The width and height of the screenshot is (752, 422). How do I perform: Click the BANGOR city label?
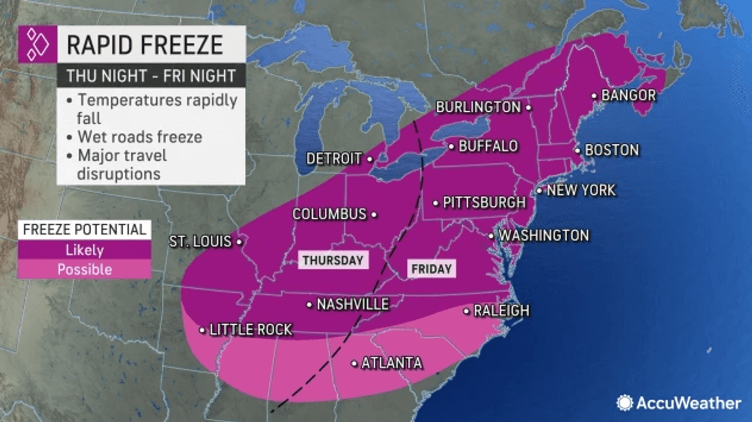point(628,95)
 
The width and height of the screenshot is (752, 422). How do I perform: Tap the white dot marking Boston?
point(577,150)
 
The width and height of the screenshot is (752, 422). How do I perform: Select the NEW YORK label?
point(580,191)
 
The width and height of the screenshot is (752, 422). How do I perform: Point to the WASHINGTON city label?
point(544,235)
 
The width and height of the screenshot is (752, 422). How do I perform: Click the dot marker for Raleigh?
point(466,311)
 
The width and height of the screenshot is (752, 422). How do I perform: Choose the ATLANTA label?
point(391,363)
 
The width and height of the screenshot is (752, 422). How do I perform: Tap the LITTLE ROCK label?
point(251,330)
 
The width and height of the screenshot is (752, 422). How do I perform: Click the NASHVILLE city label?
point(353,304)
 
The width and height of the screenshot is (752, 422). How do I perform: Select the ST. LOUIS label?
point(200,242)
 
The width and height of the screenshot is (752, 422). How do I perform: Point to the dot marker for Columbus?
point(374,214)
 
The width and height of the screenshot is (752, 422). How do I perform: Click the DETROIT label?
point(334,159)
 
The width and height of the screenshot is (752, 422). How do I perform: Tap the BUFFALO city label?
point(488,146)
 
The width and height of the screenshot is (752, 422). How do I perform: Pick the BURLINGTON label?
point(478,107)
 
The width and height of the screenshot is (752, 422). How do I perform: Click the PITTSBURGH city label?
point(484,202)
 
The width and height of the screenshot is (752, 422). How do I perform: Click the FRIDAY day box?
point(431,269)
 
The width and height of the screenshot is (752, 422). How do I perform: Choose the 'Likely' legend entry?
point(84,249)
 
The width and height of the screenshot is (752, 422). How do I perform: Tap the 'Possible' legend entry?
point(84,269)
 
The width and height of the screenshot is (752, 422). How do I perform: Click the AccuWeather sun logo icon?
point(625,403)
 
